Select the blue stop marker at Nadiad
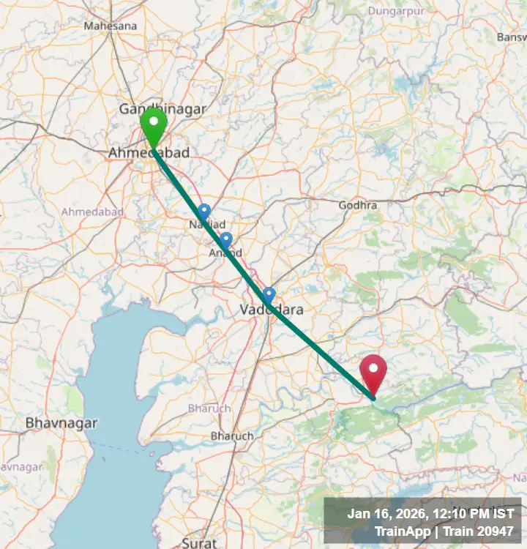coord(204,212)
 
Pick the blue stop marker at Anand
coord(225,239)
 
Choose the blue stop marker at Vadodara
coord(269,295)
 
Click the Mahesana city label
coord(111,26)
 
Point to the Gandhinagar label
coord(163,109)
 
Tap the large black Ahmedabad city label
coord(149,153)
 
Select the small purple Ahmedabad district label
coord(92,212)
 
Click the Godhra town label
coord(358,205)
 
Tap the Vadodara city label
coord(272,310)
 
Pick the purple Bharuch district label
coord(209,408)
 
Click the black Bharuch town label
coord(232,436)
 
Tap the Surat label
coord(199,543)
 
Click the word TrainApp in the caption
coord(403,531)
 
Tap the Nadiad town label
coord(207,225)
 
